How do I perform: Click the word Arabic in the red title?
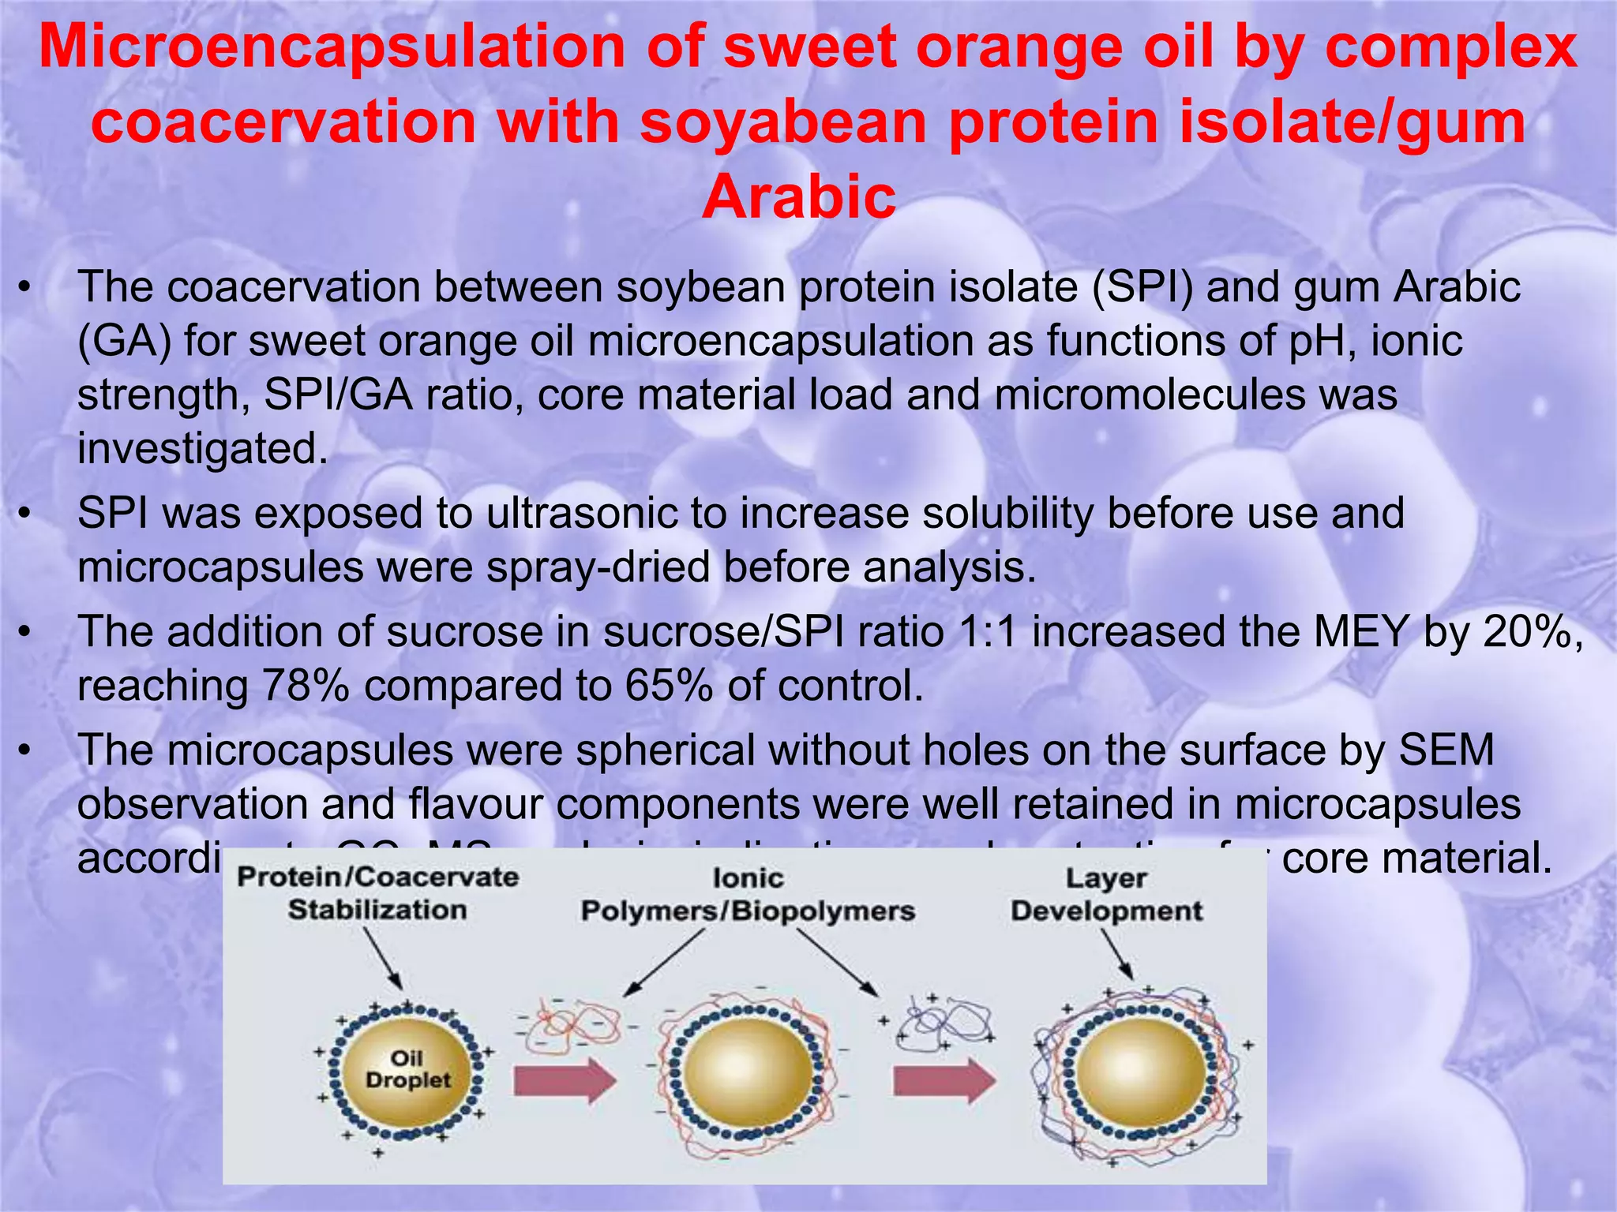(799, 196)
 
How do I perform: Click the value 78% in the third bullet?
(305, 685)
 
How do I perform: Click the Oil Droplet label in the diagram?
(407, 1069)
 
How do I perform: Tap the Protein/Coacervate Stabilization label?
(377, 893)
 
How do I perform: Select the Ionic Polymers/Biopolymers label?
(748, 895)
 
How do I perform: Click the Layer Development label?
(1107, 895)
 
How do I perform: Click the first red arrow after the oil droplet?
(564, 1080)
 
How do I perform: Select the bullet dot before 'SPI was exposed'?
(25, 514)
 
